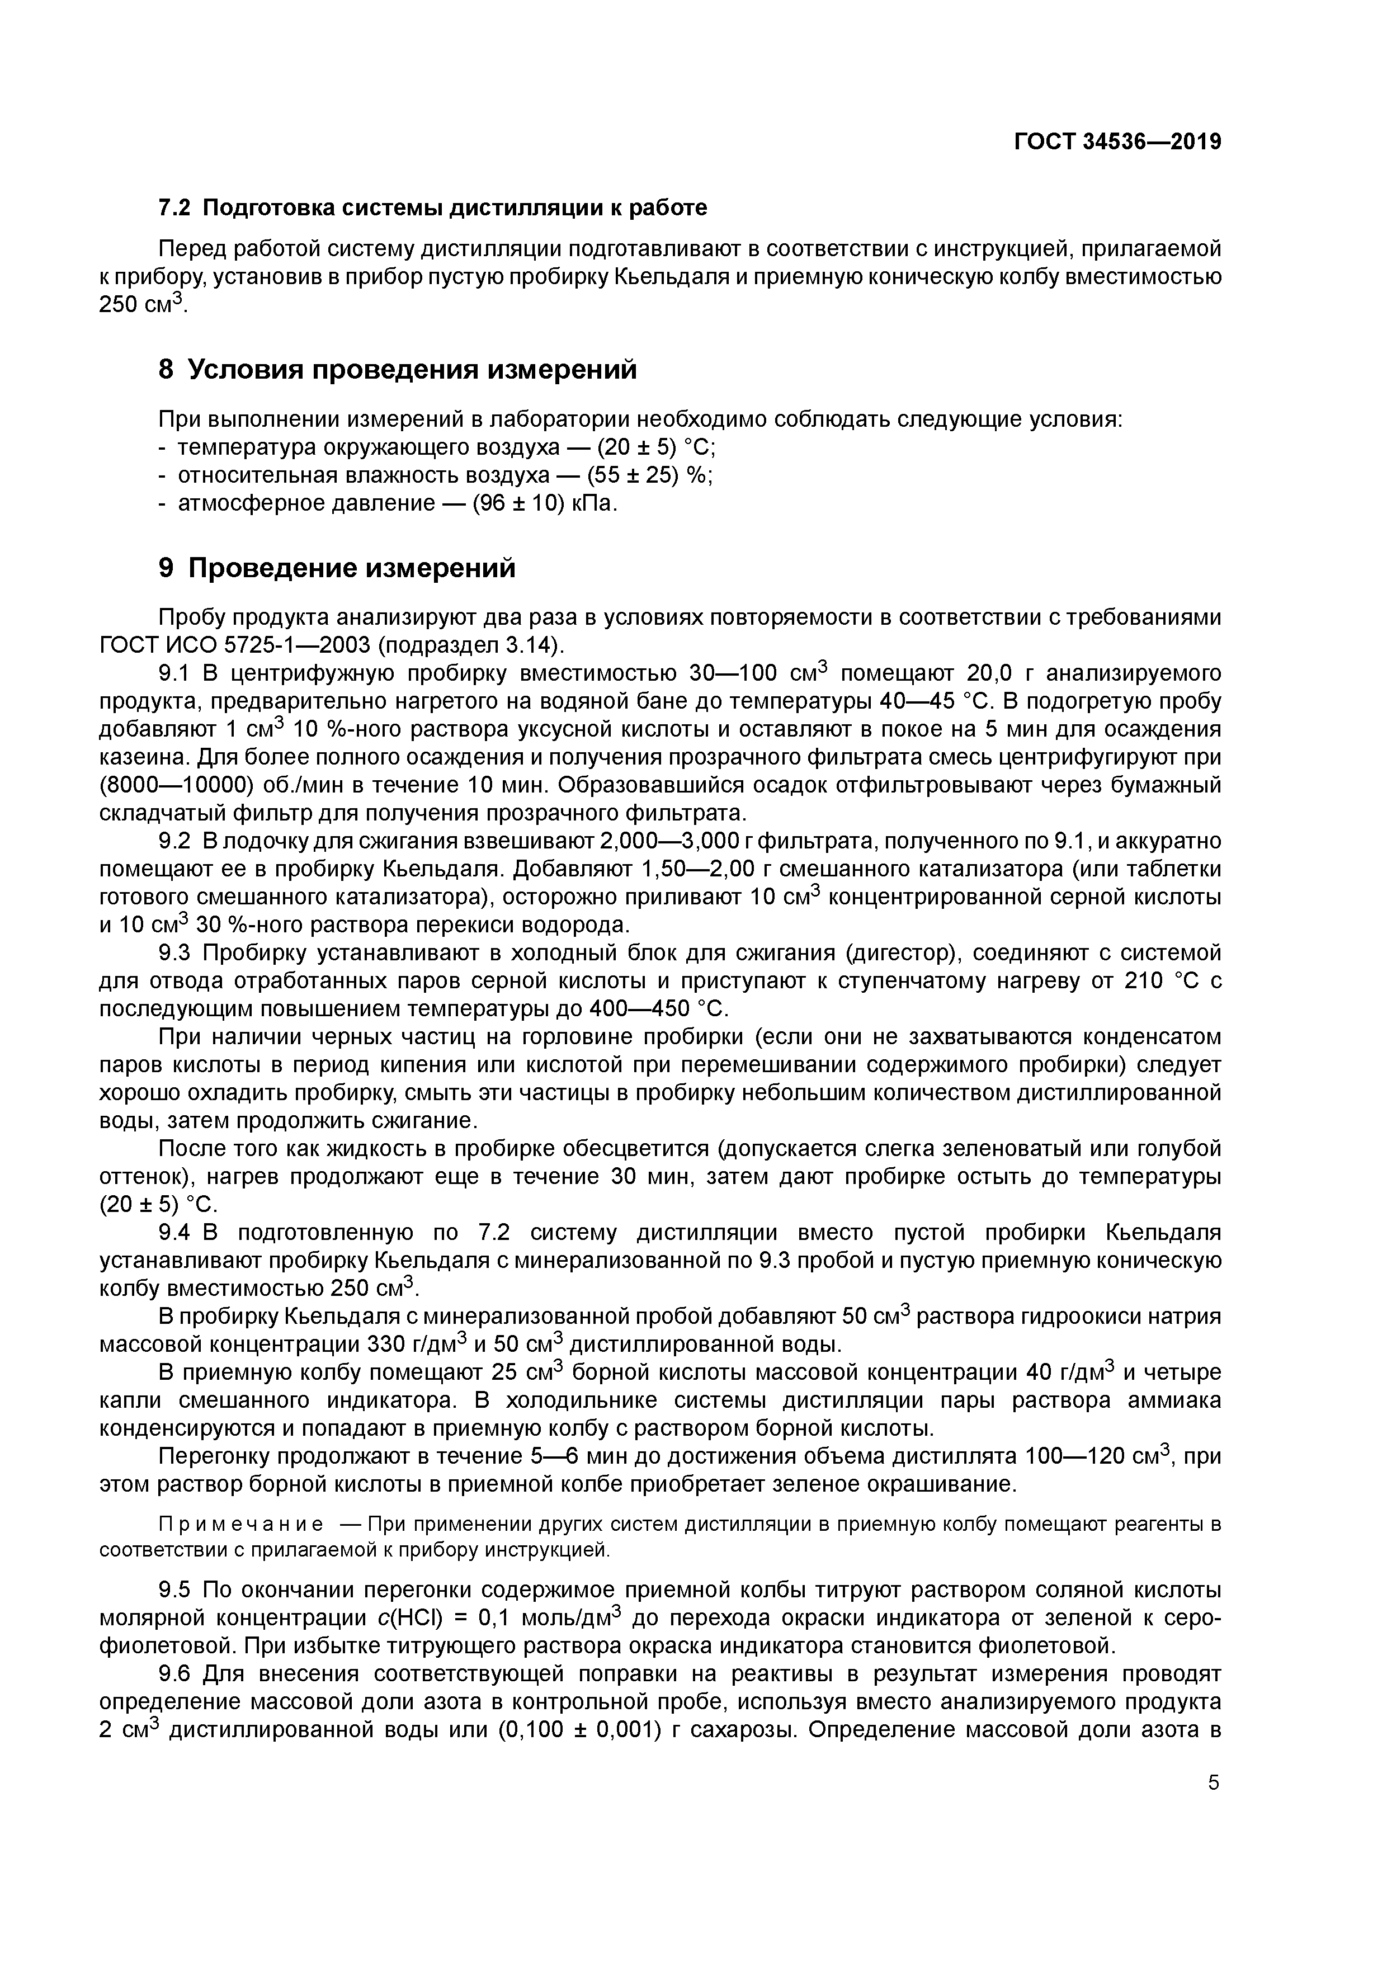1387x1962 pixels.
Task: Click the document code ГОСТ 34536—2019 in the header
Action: tap(1117, 142)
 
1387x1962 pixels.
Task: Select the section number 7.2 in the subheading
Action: tap(175, 207)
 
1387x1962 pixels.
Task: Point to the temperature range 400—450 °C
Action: tap(657, 1009)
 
